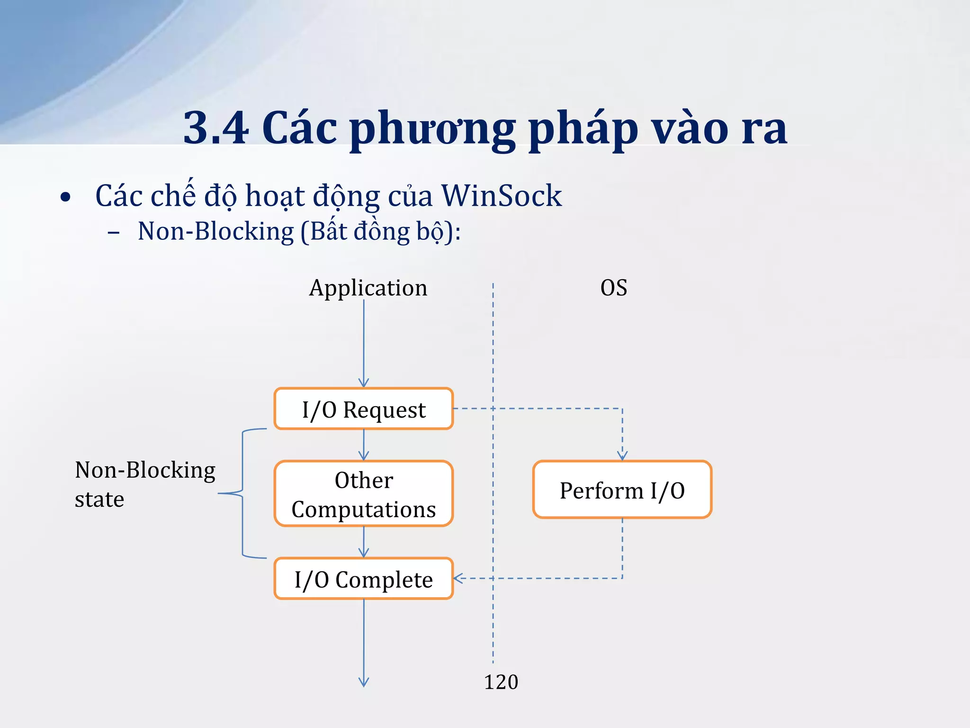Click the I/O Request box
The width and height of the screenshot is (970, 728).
point(363,409)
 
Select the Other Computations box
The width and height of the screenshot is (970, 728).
point(363,494)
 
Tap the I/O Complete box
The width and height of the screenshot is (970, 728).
point(363,579)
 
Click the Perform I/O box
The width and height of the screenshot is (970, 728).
point(622,490)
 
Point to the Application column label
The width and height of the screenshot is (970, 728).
point(368,288)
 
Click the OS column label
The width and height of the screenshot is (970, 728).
point(613,288)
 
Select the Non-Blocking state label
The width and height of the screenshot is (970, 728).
point(144,484)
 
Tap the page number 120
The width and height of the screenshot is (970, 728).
point(501,682)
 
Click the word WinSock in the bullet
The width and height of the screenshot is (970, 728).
point(501,196)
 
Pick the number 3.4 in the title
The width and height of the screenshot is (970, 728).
point(216,128)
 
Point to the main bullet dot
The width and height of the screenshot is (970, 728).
point(65,198)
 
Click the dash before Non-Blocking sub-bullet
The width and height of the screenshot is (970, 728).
point(113,233)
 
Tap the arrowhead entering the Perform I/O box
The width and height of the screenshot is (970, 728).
point(622,456)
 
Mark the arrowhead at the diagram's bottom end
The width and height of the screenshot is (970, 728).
point(363,682)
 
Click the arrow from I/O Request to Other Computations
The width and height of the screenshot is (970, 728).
point(363,445)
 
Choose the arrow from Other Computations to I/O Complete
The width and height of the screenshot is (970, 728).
point(363,542)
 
